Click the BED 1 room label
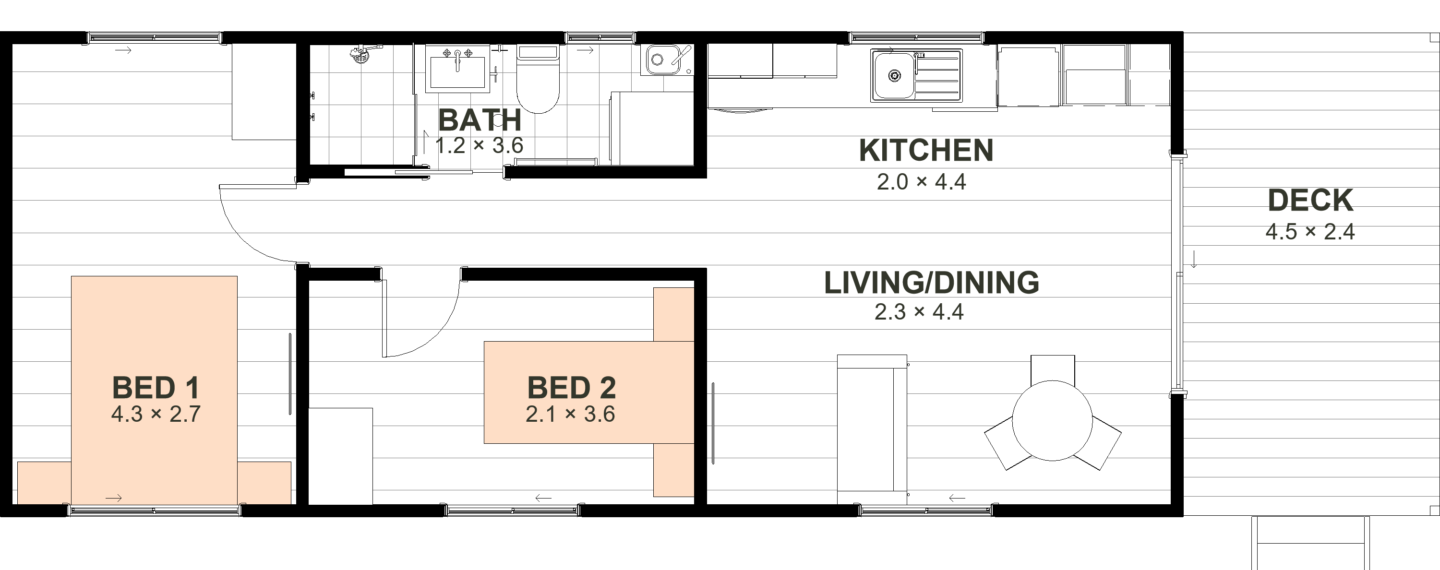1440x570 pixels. (x=156, y=388)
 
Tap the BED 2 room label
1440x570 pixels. (x=571, y=388)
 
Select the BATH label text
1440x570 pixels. (x=480, y=119)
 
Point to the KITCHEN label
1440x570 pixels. (x=926, y=150)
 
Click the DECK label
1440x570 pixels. (x=1310, y=200)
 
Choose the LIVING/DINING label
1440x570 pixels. (x=931, y=283)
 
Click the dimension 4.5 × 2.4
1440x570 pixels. (x=1310, y=232)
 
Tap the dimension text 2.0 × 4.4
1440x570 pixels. (x=921, y=182)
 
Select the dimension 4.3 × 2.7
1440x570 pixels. (x=156, y=414)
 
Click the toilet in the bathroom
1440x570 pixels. (x=538, y=79)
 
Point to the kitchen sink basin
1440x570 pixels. (x=894, y=75)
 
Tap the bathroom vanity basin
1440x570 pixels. (x=457, y=69)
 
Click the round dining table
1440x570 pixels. (x=1052, y=421)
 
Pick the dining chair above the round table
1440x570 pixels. (x=1053, y=369)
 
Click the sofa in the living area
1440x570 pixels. (x=872, y=429)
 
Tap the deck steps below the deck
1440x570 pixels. (x=1310, y=543)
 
